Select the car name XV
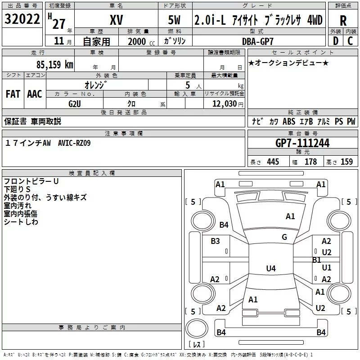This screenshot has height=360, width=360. click(x=117, y=20)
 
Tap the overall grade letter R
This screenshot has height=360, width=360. click(x=343, y=20)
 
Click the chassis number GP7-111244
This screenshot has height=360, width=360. click(x=302, y=143)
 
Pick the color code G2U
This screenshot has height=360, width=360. click(x=75, y=103)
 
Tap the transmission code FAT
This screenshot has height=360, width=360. click(x=13, y=94)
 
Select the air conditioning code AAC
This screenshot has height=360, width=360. click(x=35, y=94)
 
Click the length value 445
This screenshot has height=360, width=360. click(x=273, y=162)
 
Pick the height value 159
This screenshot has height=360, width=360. click(x=346, y=162)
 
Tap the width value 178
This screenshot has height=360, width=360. click(x=310, y=162)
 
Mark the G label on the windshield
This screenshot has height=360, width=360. click(x=284, y=237)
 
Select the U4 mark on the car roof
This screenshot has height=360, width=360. click(x=270, y=269)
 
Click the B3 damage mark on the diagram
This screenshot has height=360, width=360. click(x=215, y=241)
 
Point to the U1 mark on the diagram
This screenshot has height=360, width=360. click(x=327, y=268)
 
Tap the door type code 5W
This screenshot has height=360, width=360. click(x=175, y=20)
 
